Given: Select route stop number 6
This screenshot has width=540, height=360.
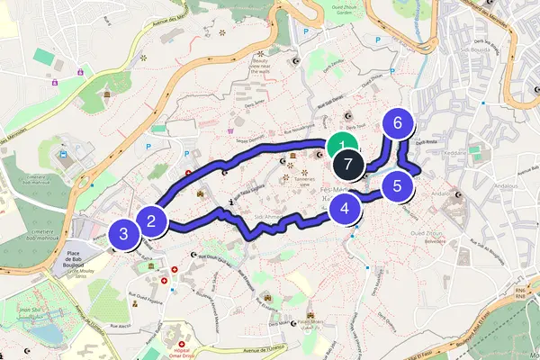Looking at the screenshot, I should pyautogui.click(x=396, y=123).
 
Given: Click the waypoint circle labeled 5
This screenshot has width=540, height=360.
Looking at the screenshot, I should pyautogui.click(x=396, y=187).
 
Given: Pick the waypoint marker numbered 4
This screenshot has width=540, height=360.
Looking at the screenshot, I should pyautogui.click(x=345, y=211).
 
